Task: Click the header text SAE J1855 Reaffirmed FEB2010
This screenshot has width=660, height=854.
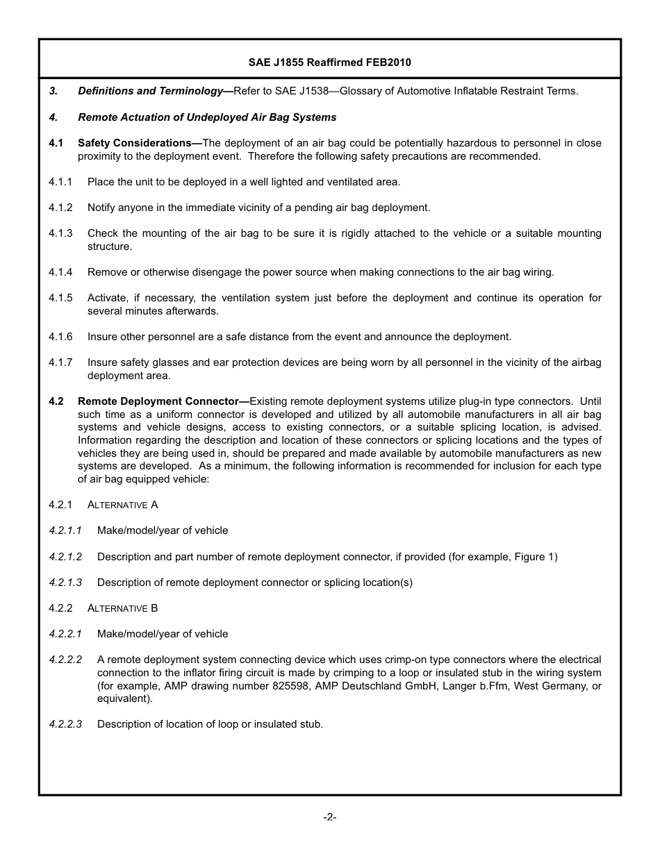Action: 329,62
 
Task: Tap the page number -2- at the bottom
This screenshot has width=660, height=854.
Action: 329,817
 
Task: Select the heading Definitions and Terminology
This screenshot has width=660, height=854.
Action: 151,91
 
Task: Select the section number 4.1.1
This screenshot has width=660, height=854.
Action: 60,182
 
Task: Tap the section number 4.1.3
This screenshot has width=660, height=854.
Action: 60,233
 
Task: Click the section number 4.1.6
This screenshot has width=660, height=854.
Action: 60,337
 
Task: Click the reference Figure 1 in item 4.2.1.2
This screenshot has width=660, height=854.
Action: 534,557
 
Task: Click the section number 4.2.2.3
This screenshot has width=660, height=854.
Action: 65,724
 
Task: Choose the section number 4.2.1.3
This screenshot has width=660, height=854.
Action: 65,583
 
